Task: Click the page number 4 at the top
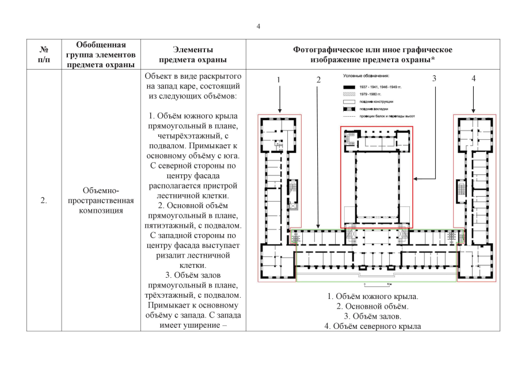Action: (259, 26)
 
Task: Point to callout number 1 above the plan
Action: (279, 80)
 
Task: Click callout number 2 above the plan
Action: (318, 80)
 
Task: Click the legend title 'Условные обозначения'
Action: (366, 75)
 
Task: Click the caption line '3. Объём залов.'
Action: (373, 317)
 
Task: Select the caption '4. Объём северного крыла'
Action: (373, 327)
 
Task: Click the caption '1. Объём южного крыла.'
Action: (373, 297)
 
